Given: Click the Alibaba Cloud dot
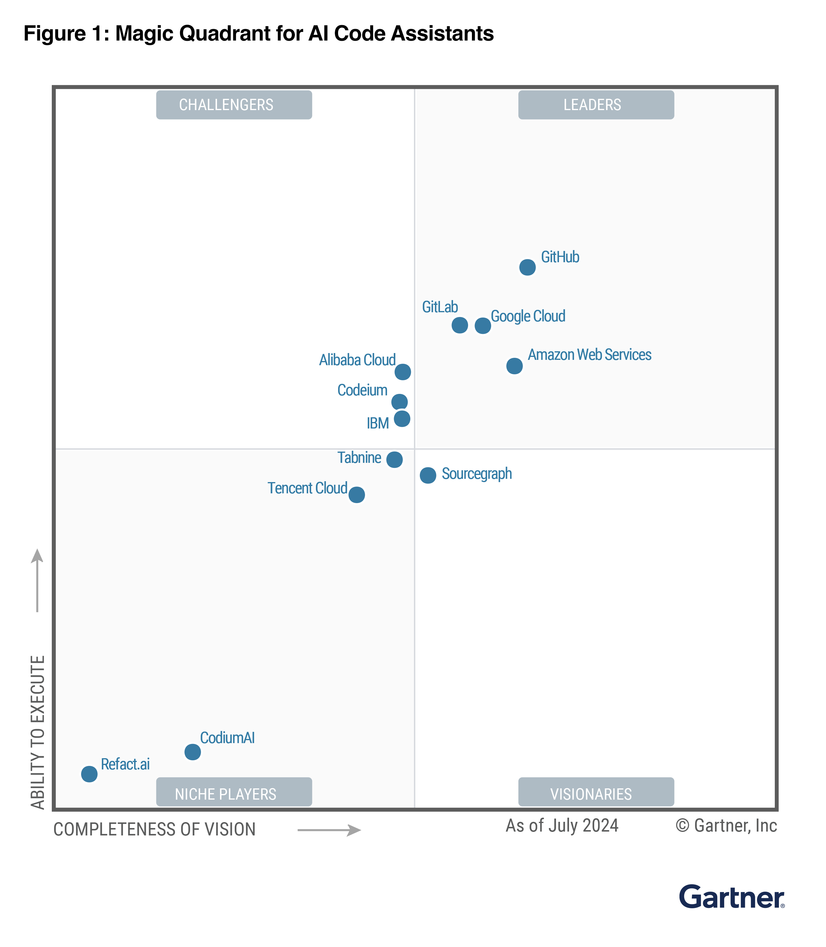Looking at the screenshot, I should [x=403, y=372].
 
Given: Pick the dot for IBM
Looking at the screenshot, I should [x=402, y=419].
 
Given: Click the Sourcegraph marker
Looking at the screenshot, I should [x=428, y=475].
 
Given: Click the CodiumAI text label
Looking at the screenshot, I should [x=227, y=738].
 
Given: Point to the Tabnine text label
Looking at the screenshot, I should [x=359, y=458].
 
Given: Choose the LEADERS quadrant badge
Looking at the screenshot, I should [x=596, y=105].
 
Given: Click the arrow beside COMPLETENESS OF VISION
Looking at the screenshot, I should [x=329, y=830].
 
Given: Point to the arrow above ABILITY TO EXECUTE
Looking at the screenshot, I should [x=37, y=581].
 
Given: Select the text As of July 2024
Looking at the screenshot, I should [x=562, y=826].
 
